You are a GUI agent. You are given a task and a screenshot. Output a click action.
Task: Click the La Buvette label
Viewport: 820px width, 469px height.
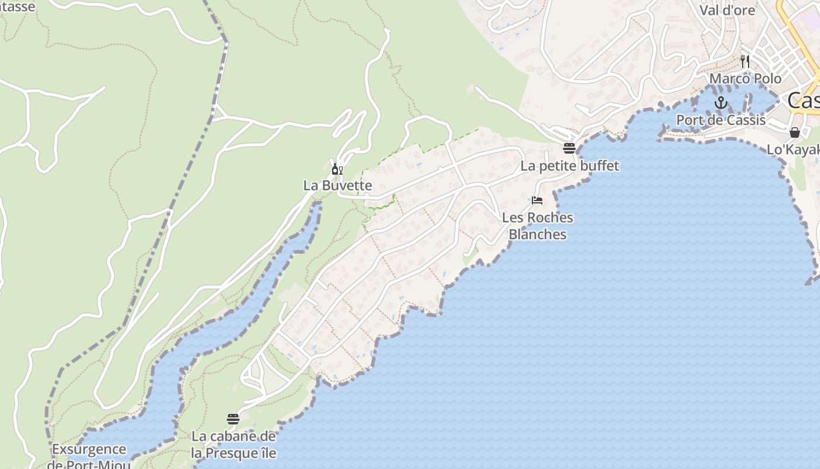[x=337, y=185]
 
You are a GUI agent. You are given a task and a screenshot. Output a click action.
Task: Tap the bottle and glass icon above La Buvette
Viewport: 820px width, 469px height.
[x=337, y=169]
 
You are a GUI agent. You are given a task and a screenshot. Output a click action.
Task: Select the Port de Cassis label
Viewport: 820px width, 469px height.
[x=720, y=120]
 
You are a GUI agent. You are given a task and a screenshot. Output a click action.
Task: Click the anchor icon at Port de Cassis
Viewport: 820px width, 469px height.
[x=720, y=103]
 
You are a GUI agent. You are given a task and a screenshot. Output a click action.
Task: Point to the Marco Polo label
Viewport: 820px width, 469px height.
[x=745, y=79]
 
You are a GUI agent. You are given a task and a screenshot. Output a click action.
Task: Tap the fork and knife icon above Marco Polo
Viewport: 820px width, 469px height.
[x=745, y=60]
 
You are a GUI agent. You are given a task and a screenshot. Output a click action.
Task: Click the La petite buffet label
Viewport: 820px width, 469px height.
[x=569, y=166]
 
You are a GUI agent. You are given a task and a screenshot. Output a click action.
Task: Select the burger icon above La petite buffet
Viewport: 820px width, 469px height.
[x=569, y=148]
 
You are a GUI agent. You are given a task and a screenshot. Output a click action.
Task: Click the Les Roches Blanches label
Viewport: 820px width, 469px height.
[x=538, y=226]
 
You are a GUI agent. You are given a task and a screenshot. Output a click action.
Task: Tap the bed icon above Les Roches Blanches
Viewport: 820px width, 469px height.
[x=537, y=200]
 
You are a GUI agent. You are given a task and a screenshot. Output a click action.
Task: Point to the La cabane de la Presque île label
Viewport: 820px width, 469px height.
[x=234, y=444]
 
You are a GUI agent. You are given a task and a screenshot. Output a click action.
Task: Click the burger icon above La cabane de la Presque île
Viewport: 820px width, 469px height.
[x=233, y=419]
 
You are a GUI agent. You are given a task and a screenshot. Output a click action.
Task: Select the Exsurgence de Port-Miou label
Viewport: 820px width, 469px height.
[x=88, y=457]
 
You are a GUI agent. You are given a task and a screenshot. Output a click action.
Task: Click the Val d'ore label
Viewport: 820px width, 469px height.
[x=727, y=10]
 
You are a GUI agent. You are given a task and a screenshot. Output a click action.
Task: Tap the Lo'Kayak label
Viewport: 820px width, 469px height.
[x=793, y=150]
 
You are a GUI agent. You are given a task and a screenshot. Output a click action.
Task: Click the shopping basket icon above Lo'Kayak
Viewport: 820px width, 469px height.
[x=795, y=132]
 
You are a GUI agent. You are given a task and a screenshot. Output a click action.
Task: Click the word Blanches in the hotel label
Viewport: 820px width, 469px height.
[x=538, y=235]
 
